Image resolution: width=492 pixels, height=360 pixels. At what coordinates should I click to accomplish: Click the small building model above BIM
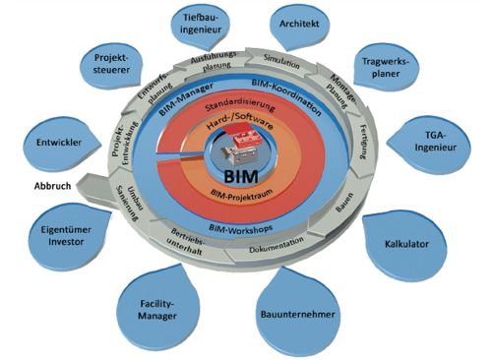241,150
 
